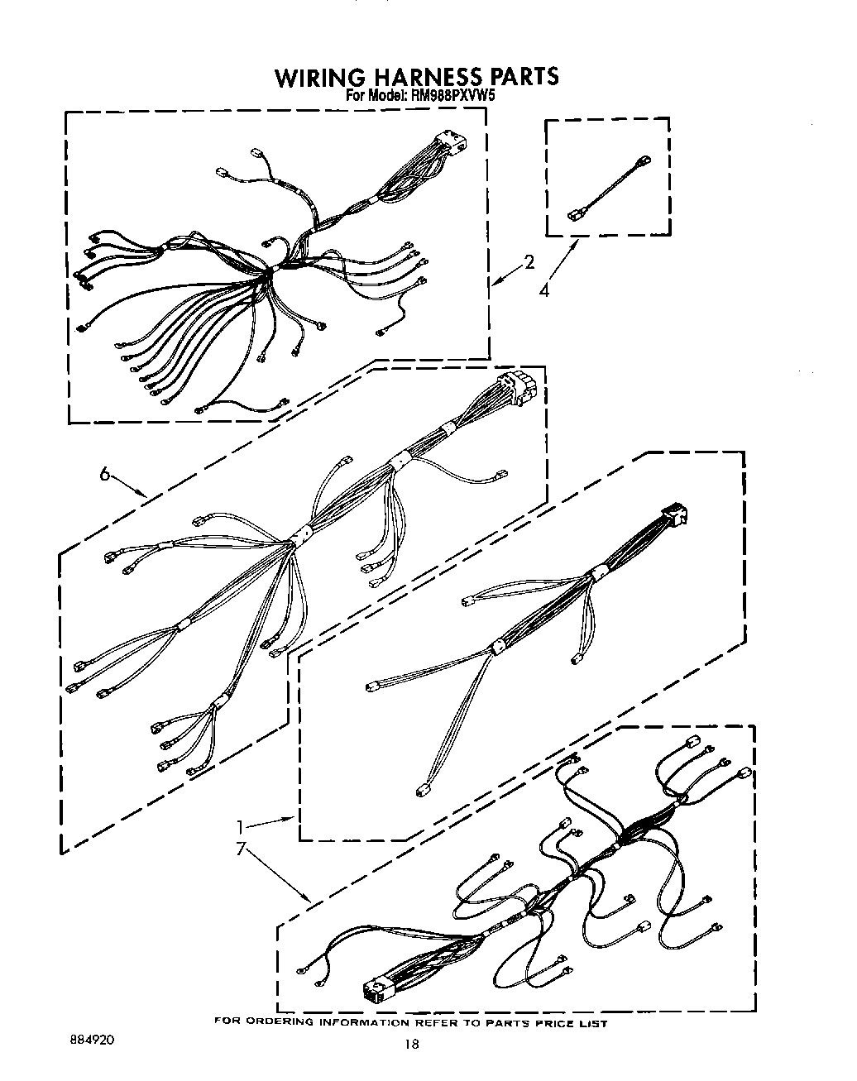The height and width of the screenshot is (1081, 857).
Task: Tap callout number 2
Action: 529,264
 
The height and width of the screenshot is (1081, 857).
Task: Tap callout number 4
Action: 543,290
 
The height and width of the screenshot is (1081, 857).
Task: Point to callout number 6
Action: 105,474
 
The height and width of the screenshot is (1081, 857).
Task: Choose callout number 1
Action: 240,826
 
